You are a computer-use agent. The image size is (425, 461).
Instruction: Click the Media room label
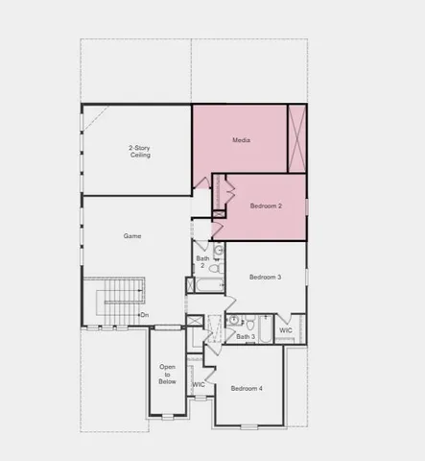tap(241, 140)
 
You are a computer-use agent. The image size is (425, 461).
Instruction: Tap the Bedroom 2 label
tap(266, 206)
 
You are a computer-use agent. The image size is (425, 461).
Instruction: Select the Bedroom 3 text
tap(265, 277)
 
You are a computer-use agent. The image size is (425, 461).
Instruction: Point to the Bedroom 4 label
tap(247, 388)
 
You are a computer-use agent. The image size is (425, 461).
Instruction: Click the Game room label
tap(132, 235)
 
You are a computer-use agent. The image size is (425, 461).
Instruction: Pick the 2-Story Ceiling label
tap(140, 151)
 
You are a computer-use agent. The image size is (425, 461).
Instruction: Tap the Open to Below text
tap(168, 374)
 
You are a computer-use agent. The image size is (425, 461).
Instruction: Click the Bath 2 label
tap(202, 261)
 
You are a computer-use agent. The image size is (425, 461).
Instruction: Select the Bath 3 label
tap(246, 336)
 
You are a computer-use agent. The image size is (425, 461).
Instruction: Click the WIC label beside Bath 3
tap(286, 329)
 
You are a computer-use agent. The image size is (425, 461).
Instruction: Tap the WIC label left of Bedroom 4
tap(199, 384)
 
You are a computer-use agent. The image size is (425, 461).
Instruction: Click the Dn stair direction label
tap(145, 315)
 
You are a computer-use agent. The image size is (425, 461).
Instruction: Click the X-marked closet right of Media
tap(298, 138)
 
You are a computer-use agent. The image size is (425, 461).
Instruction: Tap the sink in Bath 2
tap(219, 252)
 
